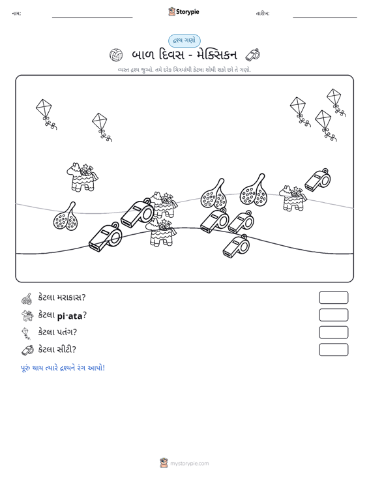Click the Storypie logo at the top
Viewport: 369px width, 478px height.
point(183,12)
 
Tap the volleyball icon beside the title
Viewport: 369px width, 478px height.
point(116,55)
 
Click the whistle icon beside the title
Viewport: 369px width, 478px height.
point(252,55)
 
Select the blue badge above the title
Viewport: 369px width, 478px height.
point(184,40)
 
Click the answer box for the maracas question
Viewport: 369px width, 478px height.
point(333,297)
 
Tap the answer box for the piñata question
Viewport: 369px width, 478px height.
point(333,315)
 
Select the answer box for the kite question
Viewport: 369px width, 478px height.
point(333,333)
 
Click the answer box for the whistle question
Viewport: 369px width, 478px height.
point(333,350)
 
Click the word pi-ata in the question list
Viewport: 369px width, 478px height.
point(70,316)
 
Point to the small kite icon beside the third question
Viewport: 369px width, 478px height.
point(27,333)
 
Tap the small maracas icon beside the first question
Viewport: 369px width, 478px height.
point(27,299)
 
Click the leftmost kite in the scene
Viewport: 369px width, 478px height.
point(46,114)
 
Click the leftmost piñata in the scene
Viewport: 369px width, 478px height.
point(82,177)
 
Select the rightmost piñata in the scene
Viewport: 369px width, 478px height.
point(293,198)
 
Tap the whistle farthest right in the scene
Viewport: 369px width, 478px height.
point(317,180)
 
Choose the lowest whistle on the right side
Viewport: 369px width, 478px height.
point(236,246)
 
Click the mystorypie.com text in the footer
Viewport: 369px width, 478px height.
point(189,464)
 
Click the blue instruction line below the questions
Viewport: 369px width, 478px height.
point(63,368)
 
